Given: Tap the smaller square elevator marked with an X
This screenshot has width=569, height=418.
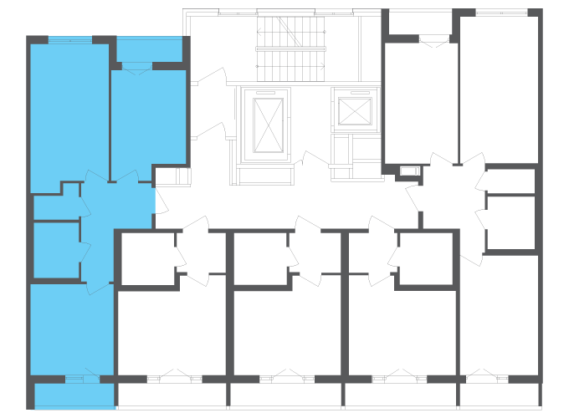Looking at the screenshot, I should tap(355, 110).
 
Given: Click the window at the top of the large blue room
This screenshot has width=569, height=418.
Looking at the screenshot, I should tap(69, 40).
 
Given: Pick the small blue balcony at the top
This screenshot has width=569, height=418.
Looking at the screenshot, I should tap(149, 50).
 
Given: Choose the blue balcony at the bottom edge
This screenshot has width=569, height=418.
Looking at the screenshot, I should tap(74, 396).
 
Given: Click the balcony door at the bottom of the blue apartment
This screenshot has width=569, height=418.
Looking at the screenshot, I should tap(82, 380).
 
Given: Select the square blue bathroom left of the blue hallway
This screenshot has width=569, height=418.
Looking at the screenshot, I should tap(56, 249).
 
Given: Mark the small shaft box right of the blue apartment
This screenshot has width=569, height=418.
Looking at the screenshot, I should tap(172, 176).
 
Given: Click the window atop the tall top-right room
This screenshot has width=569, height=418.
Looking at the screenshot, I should tap(501, 13).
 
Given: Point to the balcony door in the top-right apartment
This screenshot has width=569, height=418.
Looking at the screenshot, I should tap(433, 39).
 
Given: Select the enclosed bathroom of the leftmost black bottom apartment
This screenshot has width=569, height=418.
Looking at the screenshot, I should tap(148, 259).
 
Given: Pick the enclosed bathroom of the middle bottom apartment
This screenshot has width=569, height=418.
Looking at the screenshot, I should tap(260, 259).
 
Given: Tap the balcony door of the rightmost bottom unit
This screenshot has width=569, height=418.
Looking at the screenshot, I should tap(480, 376).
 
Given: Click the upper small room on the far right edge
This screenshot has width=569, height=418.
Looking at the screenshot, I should tap(510, 181).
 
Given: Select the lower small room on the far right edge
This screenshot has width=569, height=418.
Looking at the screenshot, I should tap(510, 223).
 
